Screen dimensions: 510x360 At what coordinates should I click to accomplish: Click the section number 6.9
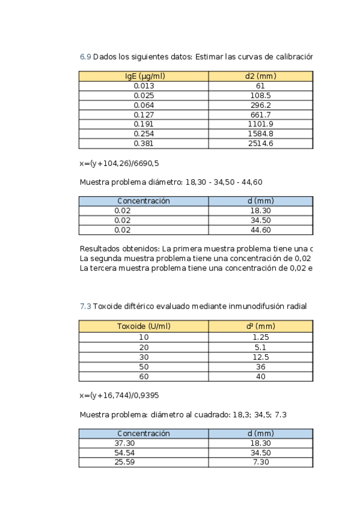point(85,57)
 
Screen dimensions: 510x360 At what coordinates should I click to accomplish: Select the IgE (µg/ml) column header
point(144,76)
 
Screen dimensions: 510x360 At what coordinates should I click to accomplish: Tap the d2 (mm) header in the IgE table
point(260,76)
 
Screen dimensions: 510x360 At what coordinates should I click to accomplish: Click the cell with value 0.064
point(144,105)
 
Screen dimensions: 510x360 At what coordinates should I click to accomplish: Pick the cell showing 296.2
point(260,105)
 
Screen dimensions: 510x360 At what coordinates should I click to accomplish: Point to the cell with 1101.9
point(260,124)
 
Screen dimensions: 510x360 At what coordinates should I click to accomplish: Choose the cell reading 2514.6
point(260,143)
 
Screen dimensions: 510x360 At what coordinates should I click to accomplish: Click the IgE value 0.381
point(144,143)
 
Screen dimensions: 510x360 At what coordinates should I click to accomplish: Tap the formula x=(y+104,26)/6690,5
point(119,163)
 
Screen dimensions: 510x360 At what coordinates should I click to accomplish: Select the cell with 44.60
point(260,230)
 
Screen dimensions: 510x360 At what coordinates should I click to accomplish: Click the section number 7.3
point(85,306)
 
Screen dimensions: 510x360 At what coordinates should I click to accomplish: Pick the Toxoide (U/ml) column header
point(144,326)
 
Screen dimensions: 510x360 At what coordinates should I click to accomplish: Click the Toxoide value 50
point(144,366)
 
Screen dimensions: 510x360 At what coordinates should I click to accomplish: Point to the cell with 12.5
point(260,357)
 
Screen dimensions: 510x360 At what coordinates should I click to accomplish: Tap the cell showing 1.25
point(260,337)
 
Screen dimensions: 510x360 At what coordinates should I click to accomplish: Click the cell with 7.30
point(260,462)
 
